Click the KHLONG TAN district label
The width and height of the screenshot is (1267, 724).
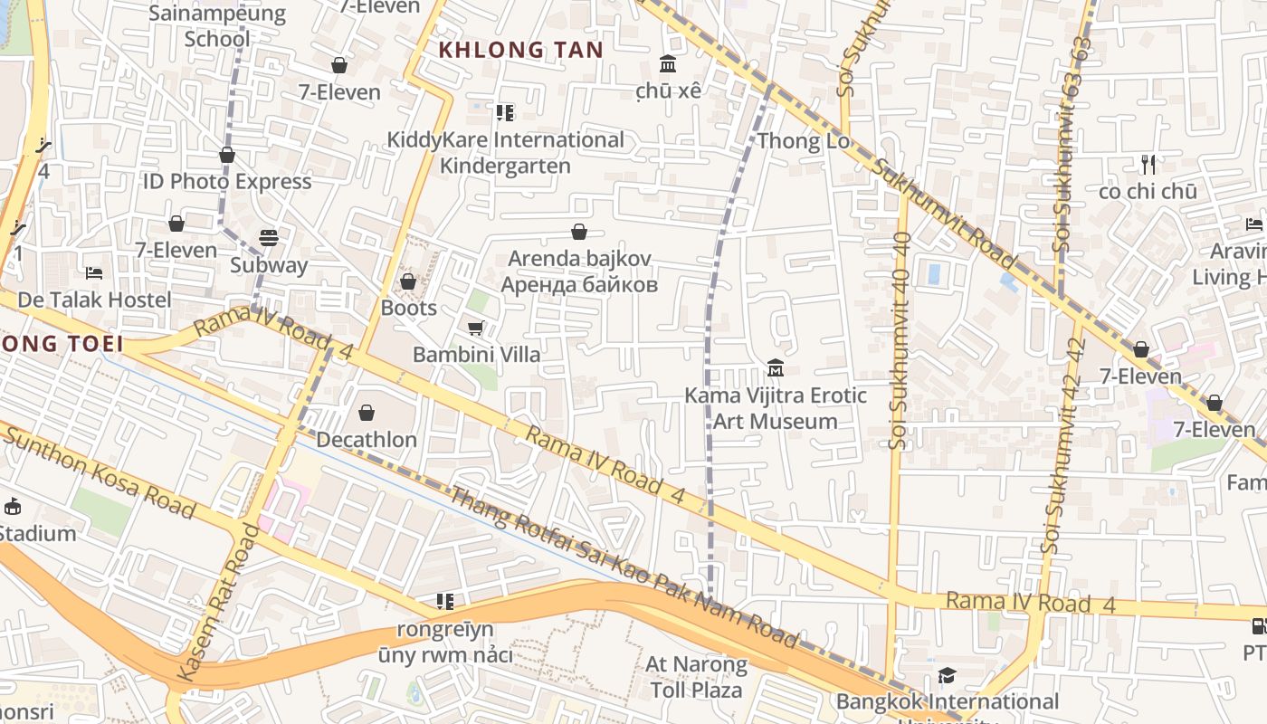pos(520,50)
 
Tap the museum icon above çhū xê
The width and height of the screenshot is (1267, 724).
pos(669,64)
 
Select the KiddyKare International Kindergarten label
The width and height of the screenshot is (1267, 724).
pos(505,153)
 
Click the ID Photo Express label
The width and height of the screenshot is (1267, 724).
pos(227,181)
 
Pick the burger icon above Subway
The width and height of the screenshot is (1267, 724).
pos(269,238)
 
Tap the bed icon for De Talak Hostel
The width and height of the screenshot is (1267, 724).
pos(94,272)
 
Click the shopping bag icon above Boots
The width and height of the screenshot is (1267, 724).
pos(408,281)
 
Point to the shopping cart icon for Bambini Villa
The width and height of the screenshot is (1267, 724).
pos(475,328)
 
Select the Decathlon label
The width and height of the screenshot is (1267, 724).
pos(367,440)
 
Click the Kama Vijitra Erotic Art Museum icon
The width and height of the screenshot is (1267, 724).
pos(776,368)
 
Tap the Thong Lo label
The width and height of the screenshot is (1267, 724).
pos(803,141)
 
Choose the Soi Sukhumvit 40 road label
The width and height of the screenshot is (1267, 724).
pos(900,340)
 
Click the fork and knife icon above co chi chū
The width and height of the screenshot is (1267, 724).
pos(1148,165)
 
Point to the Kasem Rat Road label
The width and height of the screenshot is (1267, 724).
pos(218,603)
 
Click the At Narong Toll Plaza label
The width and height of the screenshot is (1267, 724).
pos(696,677)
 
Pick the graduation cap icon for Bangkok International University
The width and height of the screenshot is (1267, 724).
pos(947,675)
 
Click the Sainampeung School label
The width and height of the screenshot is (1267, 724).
pos(217,26)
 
